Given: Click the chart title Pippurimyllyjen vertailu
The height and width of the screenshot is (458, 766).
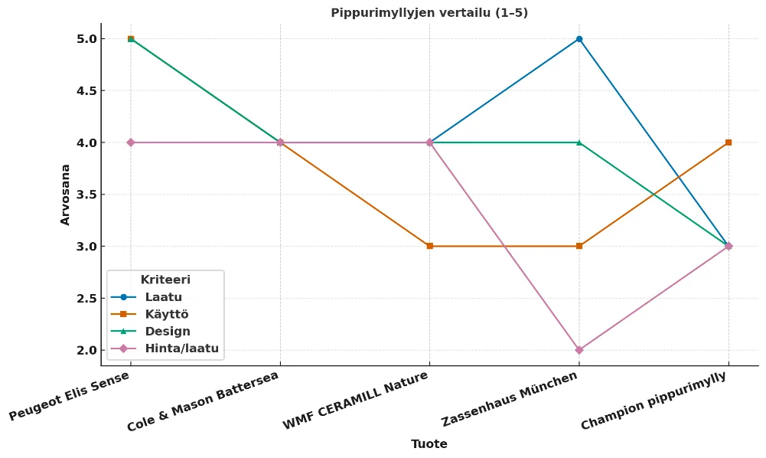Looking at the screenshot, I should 429,13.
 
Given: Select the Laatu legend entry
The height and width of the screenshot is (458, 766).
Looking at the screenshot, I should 163,297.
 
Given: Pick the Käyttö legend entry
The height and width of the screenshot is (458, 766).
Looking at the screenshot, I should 166,314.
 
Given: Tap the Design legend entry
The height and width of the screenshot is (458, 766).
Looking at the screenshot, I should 168,332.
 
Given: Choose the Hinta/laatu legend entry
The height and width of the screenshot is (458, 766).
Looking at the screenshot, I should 181,348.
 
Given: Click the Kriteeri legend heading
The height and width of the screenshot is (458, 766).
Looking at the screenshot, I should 165,280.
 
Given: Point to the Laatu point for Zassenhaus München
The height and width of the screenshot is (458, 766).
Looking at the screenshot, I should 579,39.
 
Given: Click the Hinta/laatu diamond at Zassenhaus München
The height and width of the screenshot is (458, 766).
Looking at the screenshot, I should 579,350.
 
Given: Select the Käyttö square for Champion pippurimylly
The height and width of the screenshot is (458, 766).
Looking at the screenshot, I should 729,142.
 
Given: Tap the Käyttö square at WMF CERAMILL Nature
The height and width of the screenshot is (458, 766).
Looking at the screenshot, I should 430,246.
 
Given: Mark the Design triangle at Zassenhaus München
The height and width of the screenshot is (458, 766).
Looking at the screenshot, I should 579,142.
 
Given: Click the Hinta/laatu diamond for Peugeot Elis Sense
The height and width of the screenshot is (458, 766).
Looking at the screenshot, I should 131,142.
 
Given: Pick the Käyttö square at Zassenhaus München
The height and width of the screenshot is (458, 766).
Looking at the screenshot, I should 579,246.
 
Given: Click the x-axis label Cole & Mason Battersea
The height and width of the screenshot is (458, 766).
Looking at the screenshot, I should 203,401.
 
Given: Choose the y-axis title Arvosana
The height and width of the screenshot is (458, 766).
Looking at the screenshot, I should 66,195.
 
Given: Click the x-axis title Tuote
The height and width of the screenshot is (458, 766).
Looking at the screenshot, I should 429,444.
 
